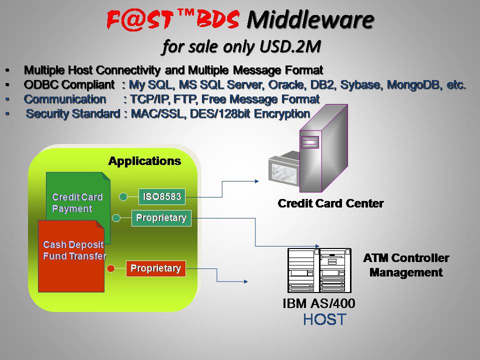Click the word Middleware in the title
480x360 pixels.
pos(310,20)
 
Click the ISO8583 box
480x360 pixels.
pos(161,197)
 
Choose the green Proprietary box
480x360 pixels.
pos(161,218)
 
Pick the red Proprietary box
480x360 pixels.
pos(155,268)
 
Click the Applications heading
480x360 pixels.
pos(144,161)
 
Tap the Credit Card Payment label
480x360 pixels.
pos(77,203)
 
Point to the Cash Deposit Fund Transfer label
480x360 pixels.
pos(74,250)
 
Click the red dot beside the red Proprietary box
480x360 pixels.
pos(111,269)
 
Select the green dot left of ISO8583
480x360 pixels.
pos(123,197)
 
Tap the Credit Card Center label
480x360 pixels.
pos(330,203)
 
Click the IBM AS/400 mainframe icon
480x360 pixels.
pos(319,270)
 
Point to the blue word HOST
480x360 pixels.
pos(324,319)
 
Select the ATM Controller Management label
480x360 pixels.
pos(406,265)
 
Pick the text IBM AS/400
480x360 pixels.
pos(319,303)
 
